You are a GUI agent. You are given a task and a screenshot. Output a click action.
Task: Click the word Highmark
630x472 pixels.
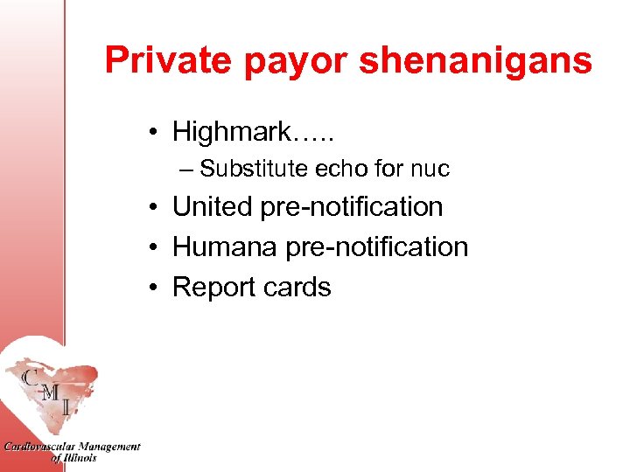(x=231, y=132)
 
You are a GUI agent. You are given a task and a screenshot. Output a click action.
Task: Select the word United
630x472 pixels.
(x=213, y=207)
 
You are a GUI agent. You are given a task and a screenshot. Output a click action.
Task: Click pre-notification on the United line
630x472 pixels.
(x=352, y=207)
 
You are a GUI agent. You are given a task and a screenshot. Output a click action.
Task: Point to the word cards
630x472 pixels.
(x=298, y=288)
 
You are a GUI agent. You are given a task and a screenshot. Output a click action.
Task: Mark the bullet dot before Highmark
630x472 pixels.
(x=153, y=133)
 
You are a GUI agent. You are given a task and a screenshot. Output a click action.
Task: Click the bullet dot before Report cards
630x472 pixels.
(x=153, y=288)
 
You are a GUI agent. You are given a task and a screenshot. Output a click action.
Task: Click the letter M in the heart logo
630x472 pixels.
(x=52, y=392)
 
